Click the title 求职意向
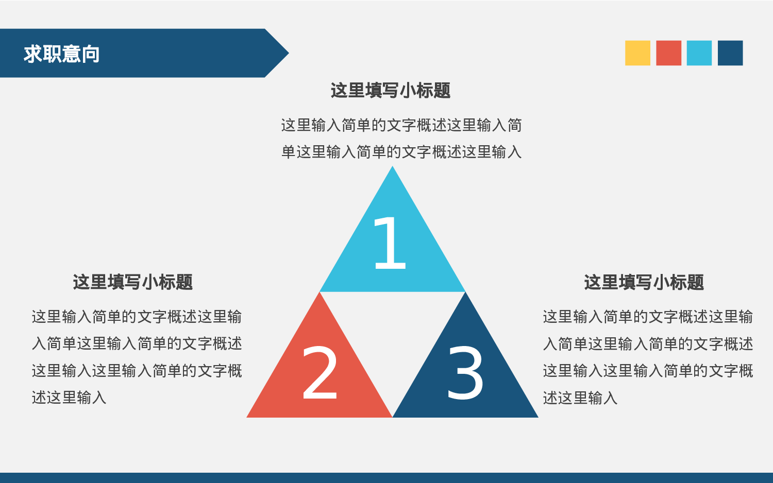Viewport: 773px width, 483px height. pyautogui.click(x=61, y=54)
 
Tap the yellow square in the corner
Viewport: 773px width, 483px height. pyautogui.click(x=637, y=53)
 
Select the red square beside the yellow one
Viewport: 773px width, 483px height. pyautogui.click(x=668, y=53)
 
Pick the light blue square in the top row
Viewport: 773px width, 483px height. pyautogui.click(x=699, y=53)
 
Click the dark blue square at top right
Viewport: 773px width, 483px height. pyautogui.click(x=730, y=53)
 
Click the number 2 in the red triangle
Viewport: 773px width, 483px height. pyautogui.click(x=320, y=373)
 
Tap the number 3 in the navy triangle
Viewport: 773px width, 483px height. pyautogui.click(x=465, y=373)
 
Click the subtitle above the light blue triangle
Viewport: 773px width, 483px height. pyautogui.click(x=391, y=91)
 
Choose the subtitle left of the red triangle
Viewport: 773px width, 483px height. pyautogui.click(x=133, y=282)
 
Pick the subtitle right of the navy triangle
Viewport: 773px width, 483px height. pyautogui.click(x=644, y=282)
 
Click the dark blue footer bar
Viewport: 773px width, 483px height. pyautogui.click(x=386, y=478)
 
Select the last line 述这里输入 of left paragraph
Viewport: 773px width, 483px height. pyautogui.click(x=69, y=398)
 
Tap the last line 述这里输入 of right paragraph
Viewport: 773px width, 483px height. pyautogui.click(x=580, y=398)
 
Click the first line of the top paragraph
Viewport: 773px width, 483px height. pyautogui.click(x=401, y=125)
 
